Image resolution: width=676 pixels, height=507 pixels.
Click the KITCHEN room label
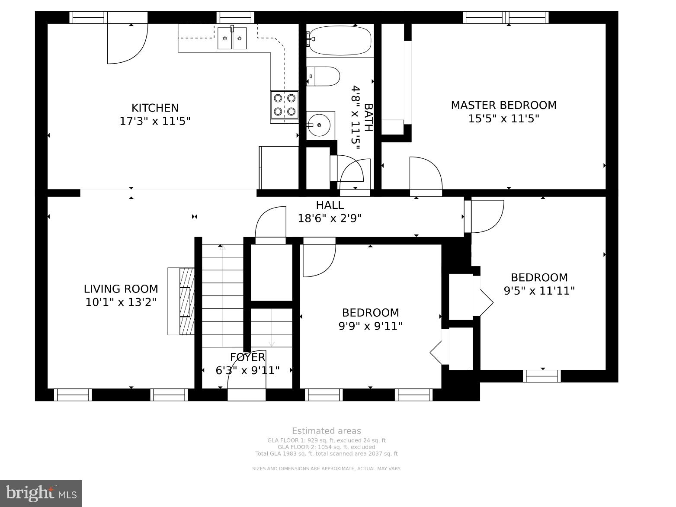[x=155, y=108]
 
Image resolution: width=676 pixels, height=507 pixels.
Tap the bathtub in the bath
[x=340, y=40]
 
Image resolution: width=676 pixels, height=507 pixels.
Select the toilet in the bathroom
[x=323, y=76]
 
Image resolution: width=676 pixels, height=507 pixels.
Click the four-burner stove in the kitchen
[x=285, y=105]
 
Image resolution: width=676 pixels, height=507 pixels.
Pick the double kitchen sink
[x=232, y=38]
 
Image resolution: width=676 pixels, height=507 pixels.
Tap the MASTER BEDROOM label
[x=503, y=106]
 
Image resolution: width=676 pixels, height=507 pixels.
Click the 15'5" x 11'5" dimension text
[x=503, y=119]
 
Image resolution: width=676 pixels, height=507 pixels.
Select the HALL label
[x=330, y=205]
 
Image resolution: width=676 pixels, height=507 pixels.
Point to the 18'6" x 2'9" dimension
[x=330, y=218]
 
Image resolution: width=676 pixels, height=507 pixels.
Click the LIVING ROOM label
[x=121, y=289]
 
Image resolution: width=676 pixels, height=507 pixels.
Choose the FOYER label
[x=248, y=357]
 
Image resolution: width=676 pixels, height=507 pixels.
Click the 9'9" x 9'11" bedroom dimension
[x=371, y=326]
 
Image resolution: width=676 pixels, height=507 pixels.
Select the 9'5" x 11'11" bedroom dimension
[x=539, y=291]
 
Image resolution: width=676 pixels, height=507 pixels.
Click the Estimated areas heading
[x=327, y=431]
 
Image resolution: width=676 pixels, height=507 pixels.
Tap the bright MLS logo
[x=41, y=494]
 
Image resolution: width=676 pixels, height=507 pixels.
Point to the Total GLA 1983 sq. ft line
[x=327, y=454]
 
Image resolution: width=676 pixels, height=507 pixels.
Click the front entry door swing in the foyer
[x=247, y=369]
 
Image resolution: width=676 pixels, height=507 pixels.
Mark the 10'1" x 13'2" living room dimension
[x=121, y=302]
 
